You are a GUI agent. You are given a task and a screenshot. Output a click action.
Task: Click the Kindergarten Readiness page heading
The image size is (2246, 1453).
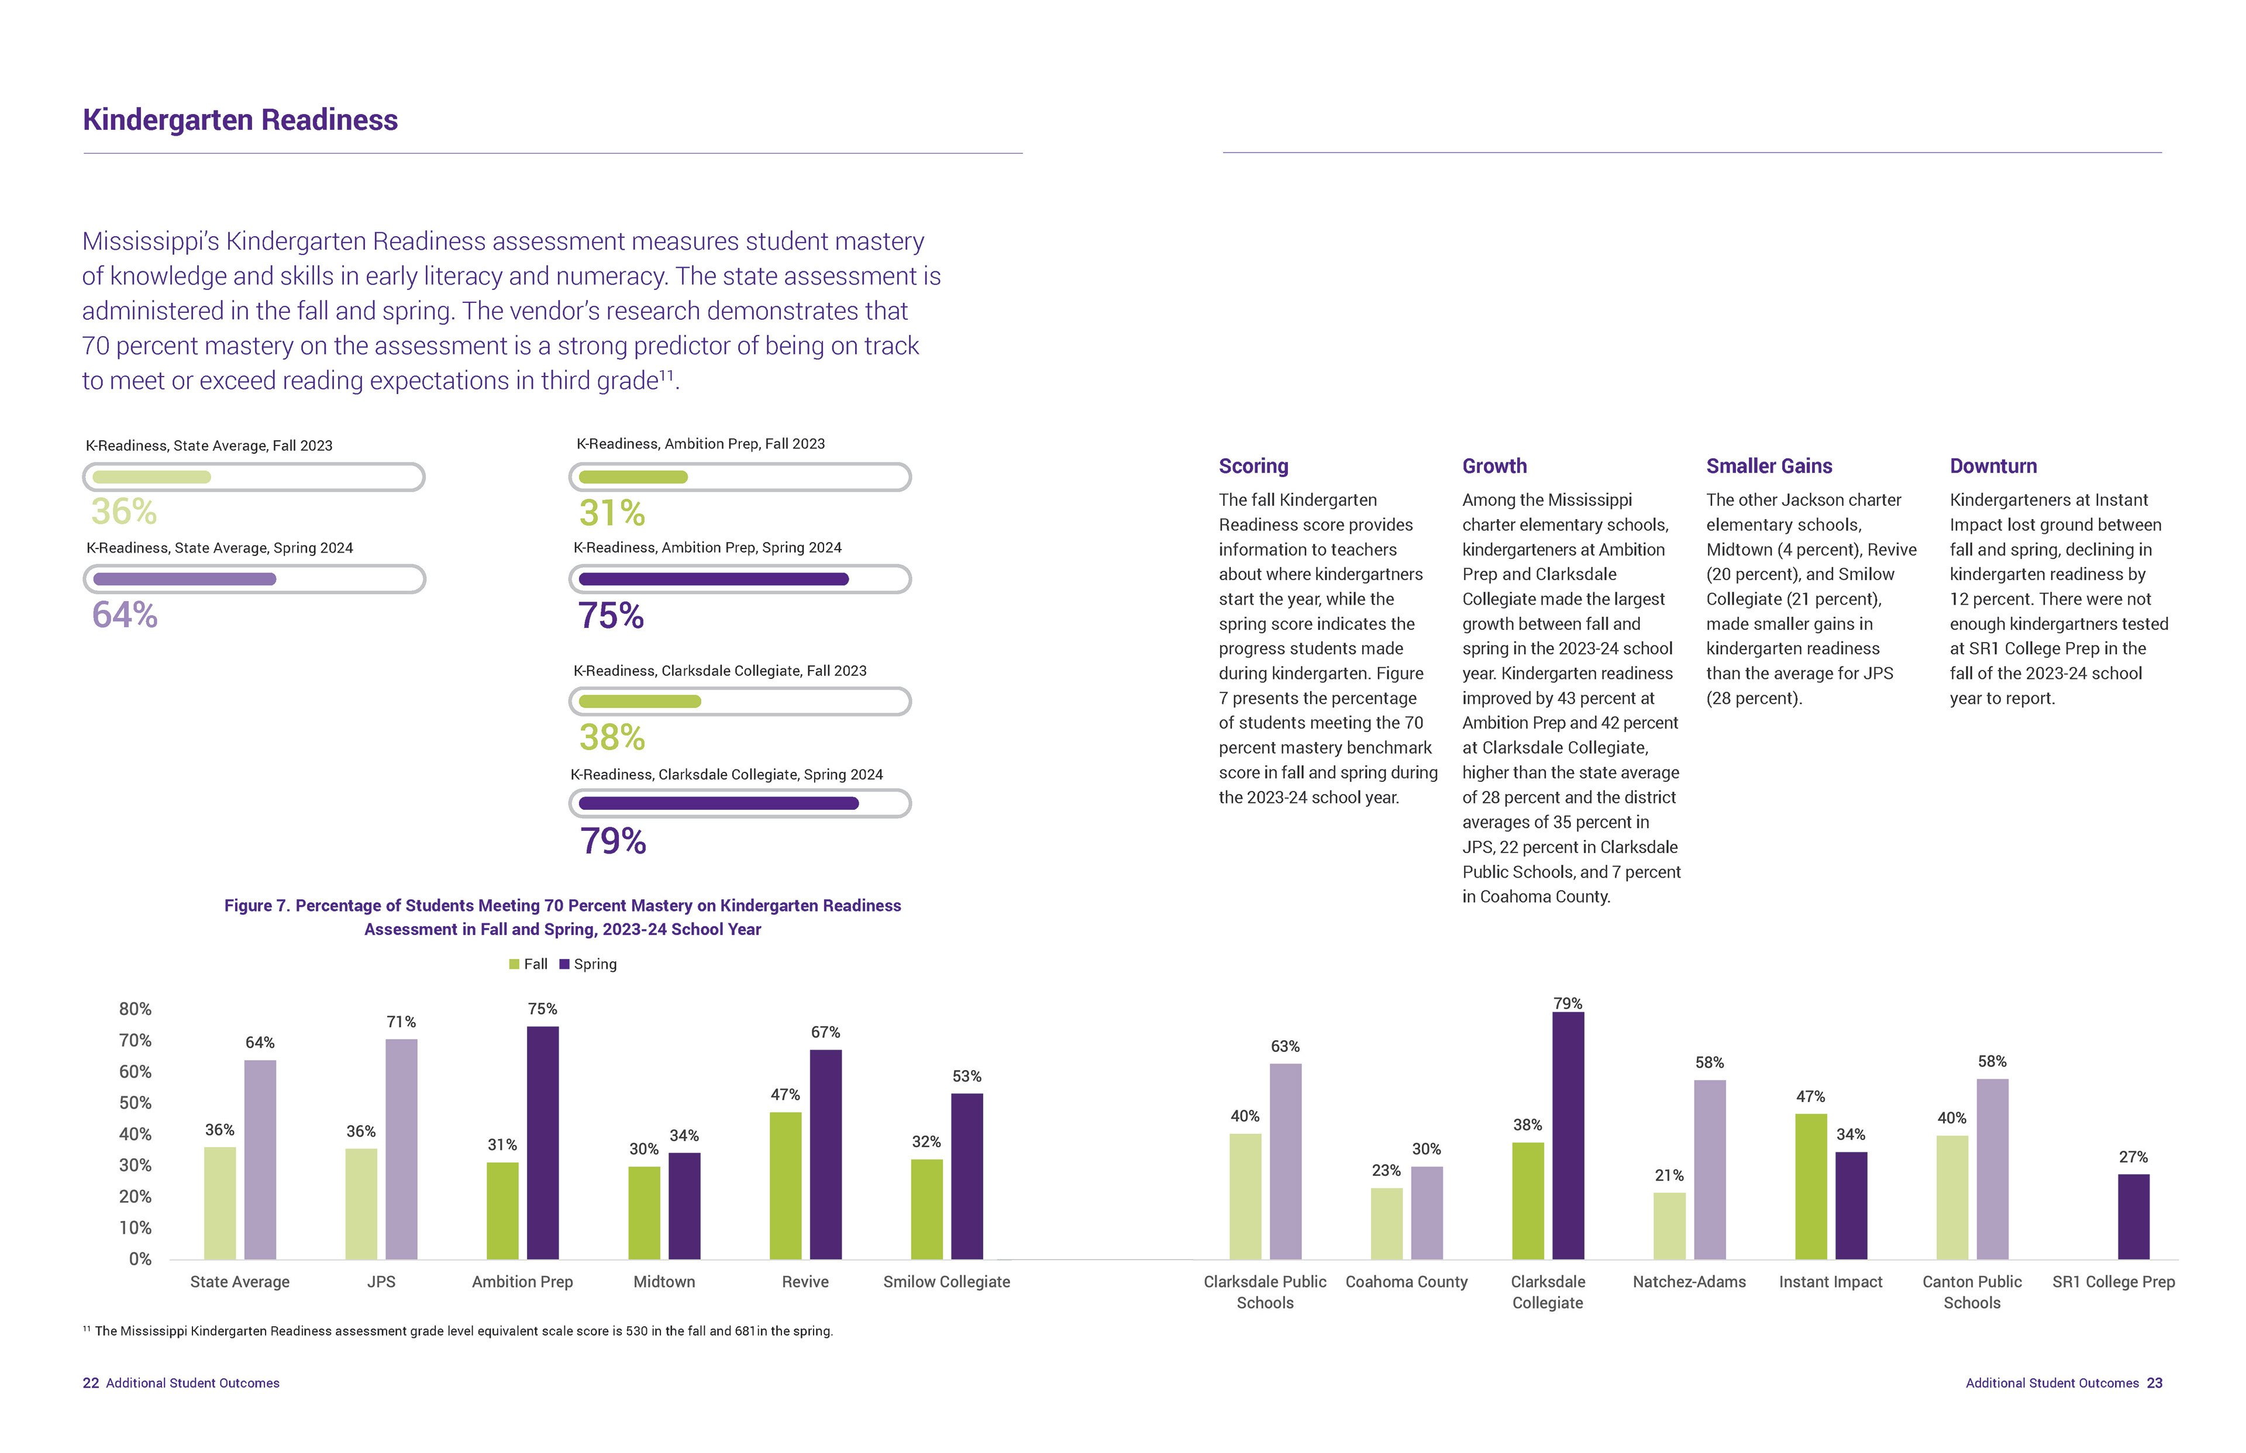click(x=240, y=120)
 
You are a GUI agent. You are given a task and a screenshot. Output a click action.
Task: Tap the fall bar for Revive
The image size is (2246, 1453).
click(x=785, y=1185)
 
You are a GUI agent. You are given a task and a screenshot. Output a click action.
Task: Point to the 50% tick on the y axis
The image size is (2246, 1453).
click(x=135, y=1103)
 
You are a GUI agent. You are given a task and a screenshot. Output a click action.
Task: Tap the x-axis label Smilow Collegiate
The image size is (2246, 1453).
click(x=946, y=1282)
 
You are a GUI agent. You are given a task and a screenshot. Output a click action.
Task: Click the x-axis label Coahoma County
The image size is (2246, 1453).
click(x=1406, y=1282)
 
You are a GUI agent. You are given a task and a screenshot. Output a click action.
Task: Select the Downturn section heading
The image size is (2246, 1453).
click(x=1993, y=466)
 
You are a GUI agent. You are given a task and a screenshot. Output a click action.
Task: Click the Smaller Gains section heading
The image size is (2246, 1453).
click(x=1769, y=466)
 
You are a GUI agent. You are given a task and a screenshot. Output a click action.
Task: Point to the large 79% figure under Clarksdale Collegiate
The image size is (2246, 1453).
click(x=612, y=841)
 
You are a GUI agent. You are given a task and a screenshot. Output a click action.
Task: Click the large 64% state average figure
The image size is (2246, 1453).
click(x=125, y=615)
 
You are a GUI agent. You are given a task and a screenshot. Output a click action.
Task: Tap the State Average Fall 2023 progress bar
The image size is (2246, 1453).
click(x=254, y=477)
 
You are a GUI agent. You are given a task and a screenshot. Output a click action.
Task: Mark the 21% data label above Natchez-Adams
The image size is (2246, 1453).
click(x=1669, y=1176)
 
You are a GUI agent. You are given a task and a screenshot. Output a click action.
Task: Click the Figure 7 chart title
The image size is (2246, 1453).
click(x=563, y=917)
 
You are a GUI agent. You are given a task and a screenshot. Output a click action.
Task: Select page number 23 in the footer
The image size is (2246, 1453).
click(x=2154, y=1383)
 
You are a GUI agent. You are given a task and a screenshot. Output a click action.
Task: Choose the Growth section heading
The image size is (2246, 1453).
click(x=1494, y=466)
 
